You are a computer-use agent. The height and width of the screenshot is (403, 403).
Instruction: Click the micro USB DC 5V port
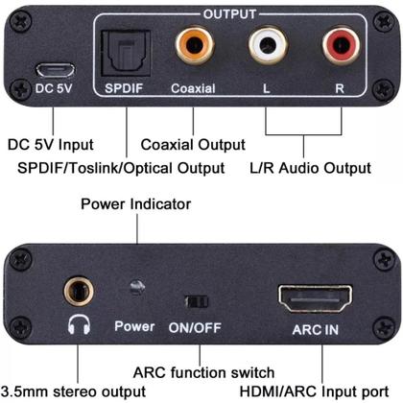tap(56, 70)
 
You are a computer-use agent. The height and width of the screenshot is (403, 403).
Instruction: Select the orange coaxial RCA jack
tap(193, 46)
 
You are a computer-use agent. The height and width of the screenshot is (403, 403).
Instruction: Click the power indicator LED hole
tap(137, 288)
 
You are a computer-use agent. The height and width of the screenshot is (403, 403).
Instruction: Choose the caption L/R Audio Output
tap(309, 167)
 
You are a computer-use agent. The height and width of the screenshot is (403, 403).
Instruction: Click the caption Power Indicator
tap(136, 204)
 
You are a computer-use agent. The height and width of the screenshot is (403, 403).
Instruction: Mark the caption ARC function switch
tap(203, 372)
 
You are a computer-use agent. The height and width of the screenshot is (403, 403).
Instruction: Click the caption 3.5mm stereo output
tap(74, 391)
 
